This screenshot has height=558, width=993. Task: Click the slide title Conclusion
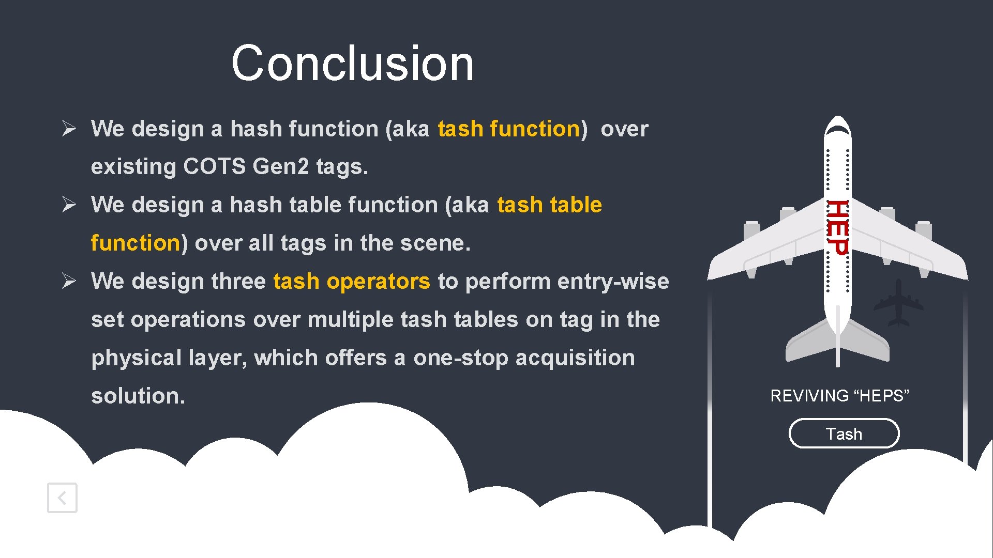coord(352,63)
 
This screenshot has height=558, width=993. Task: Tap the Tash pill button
coord(844,433)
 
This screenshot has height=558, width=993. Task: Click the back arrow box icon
coord(62,498)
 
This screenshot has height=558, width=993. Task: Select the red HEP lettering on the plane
coord(837,227)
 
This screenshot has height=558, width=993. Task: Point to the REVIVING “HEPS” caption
coord(839,396)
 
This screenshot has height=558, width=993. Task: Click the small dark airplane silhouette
coord(898,304)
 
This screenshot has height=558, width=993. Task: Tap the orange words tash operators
coord(352,281)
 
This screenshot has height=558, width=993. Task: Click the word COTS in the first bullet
coord(214,166)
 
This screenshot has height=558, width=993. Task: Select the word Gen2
coord(280,166)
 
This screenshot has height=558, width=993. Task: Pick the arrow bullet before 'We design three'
coord(69,281)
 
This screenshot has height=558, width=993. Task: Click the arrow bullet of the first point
coord(69,128)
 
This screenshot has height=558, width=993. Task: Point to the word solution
coord(138,396)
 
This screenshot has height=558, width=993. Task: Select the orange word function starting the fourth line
coord(136,243)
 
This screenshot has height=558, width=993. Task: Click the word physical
coord(136,358)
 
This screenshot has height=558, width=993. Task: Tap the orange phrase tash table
coord(549,205)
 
